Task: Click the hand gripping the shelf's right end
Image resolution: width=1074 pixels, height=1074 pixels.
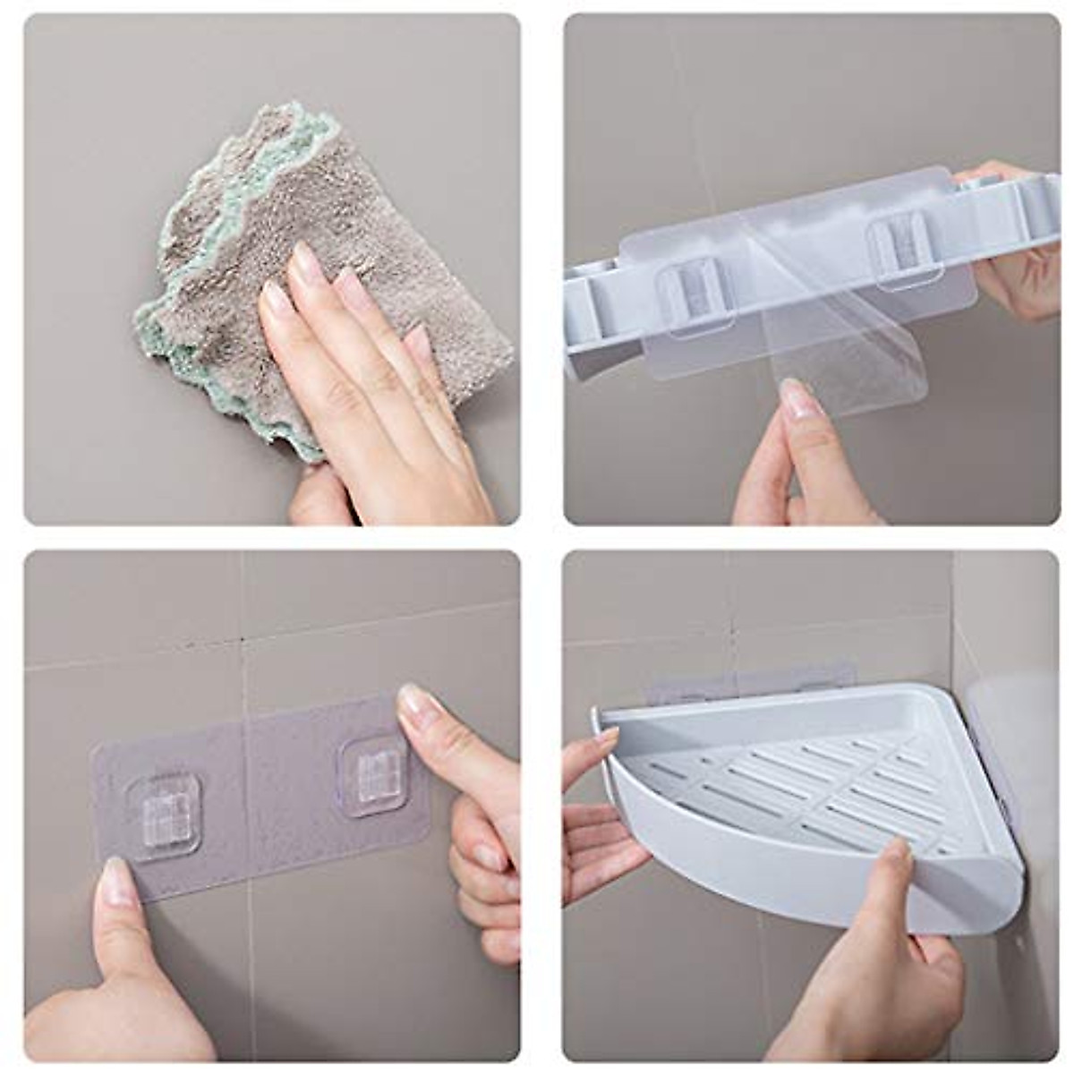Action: coord(1020,260)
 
